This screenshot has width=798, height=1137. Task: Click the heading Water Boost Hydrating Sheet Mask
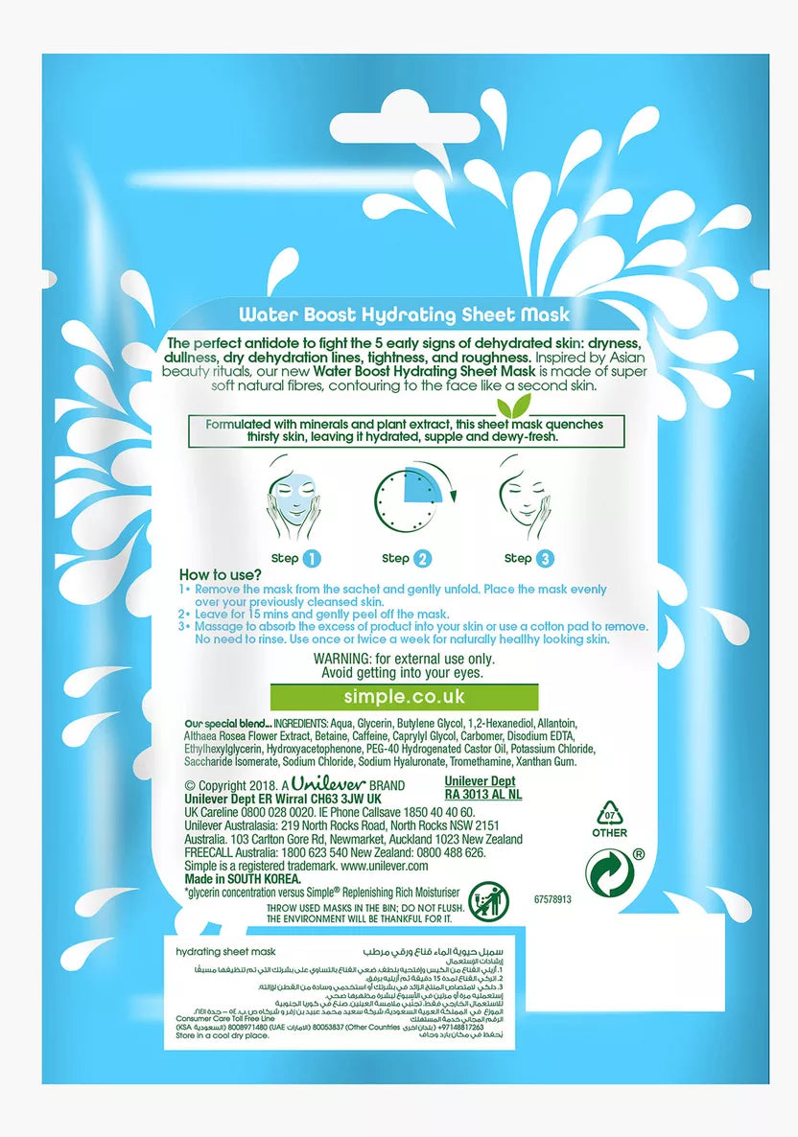[x=403, y=314]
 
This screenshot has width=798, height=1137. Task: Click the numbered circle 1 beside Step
[x=311, y=558]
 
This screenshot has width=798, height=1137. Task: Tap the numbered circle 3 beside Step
[x=546, y=558]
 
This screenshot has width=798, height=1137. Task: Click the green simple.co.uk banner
[x=404, y=696]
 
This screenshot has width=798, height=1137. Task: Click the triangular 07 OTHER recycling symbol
[x=609, y=814]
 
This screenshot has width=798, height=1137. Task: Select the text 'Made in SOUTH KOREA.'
[x=243, y=878]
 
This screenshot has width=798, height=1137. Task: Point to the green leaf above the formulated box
[x=521, y=403]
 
